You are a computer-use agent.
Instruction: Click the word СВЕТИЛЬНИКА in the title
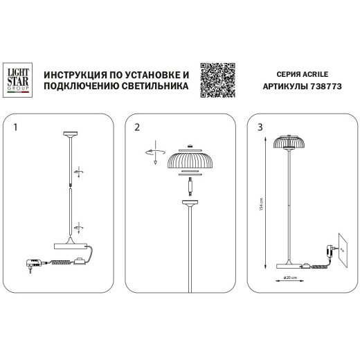coord(152,87)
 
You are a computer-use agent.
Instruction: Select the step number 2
coord(137,128)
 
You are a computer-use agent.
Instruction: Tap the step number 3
coord(260,128)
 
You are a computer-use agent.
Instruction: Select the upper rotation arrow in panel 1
coord(79,172)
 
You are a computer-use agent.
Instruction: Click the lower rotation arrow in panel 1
coord(80,226)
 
